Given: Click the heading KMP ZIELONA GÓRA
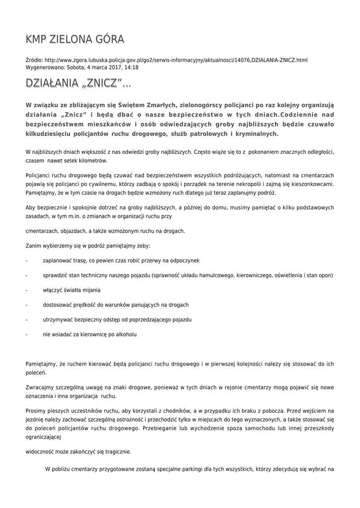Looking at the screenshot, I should [x=75, y=40].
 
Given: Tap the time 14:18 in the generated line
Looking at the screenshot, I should [x=131, y=67].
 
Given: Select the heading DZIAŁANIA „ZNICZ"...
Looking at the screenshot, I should [x=78, y=84].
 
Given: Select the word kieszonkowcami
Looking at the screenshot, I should [x=308, y=185].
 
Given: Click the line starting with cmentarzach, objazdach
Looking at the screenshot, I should [x=105, y=231].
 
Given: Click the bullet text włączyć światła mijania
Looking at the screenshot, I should [x=72, y=290].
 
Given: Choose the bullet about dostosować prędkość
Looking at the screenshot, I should [x=116, y=305].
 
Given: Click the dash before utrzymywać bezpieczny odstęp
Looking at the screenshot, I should [x=26, y=319].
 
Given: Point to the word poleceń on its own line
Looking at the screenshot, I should [x=36, y=372].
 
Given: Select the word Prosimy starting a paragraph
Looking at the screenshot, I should [x=36, y=411].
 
